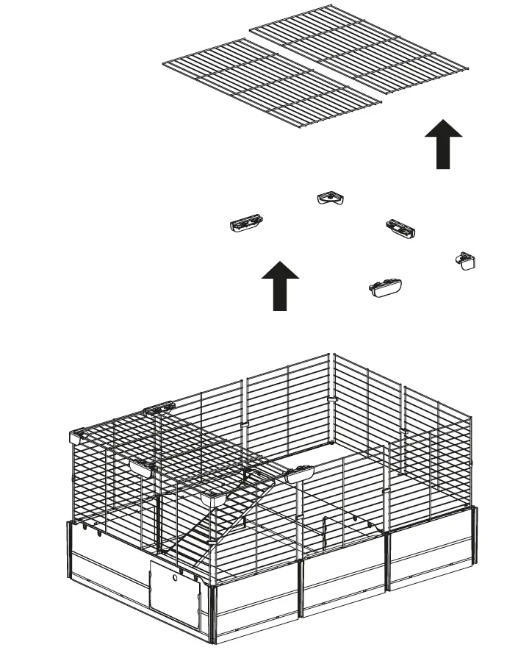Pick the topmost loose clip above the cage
[331, 198]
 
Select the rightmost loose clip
[466, 260]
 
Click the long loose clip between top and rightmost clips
[401, 227]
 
